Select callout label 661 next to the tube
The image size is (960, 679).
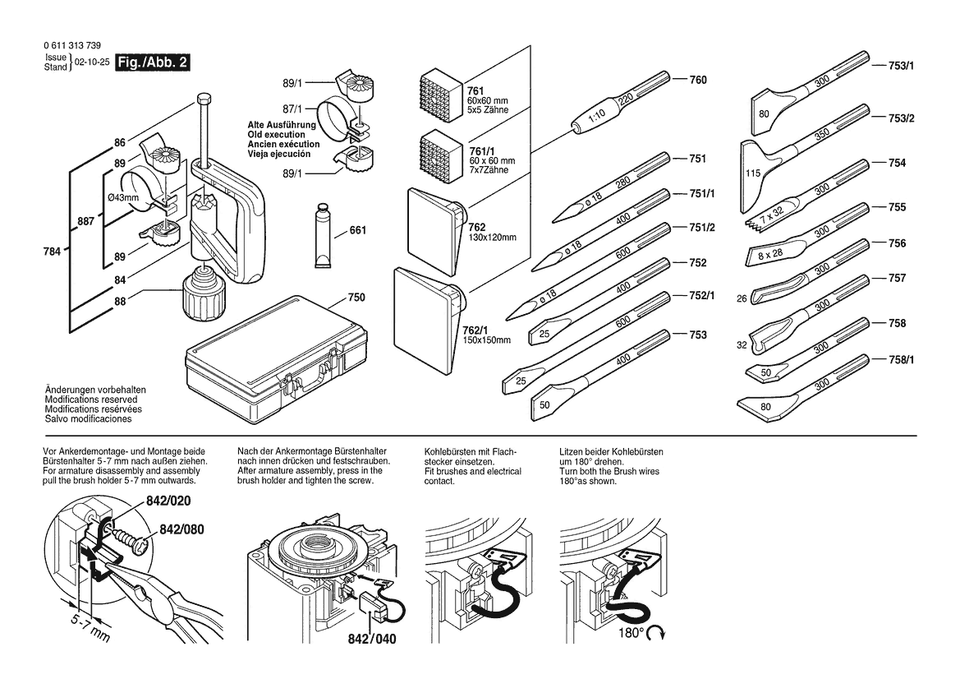pyautogui.click(x=357, y=231)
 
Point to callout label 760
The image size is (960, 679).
pyautogui.click(x=698, y=81)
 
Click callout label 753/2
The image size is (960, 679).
pyautogui.click(x=901, y=118)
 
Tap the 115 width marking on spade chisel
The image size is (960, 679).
pyautogui.click(x=751, y=174)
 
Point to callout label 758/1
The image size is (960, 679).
pyautogui.click(x=901, y=359)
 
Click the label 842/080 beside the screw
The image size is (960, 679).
pyautogui.click(x=182, y=530)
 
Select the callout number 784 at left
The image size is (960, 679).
pyautogui.click(x=53, y=252)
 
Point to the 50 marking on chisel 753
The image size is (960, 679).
pyautogui.click(x=544, y=404)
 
